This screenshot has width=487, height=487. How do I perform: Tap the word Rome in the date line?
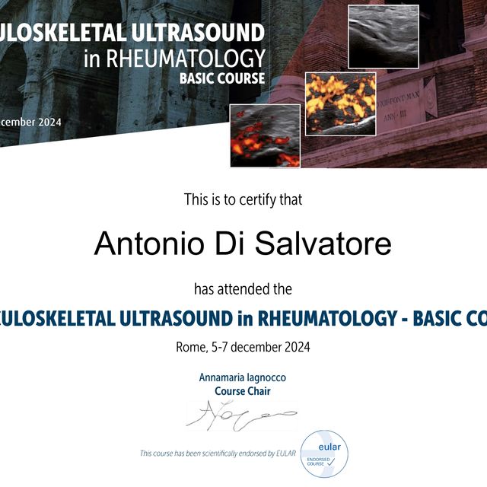click(191, 347)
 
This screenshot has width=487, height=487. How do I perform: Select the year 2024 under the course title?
click(295, 347)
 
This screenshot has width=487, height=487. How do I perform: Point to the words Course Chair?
click(243, 391)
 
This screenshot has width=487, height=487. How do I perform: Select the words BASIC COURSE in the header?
click(222, 78)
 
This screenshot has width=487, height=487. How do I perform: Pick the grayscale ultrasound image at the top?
click(383, 37)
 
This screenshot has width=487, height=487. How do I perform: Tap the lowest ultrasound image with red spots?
click(265, 135)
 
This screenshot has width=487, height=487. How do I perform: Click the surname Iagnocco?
click(264, 377)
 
